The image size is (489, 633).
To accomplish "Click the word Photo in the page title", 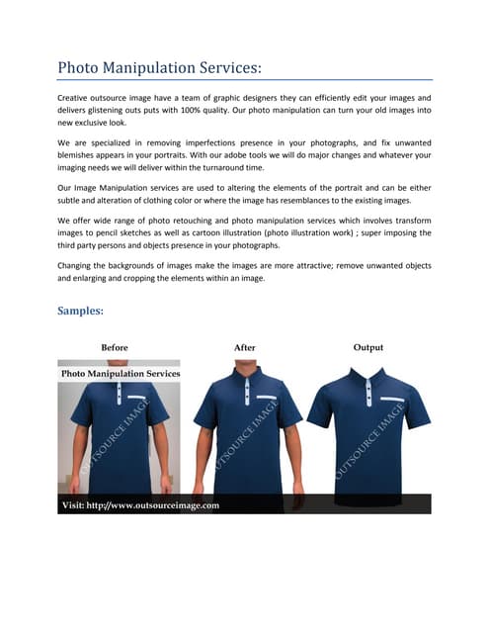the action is pos(80,67).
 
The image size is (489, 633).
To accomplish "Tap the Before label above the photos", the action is pos(115,347).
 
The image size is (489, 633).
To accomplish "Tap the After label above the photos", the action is pos(244,347).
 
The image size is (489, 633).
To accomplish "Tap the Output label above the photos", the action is pos(367,347).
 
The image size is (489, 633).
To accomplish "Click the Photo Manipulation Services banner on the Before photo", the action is pos(121,374).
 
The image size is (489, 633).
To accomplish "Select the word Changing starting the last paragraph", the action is pos(77,267).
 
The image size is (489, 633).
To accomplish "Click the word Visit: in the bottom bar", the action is pos(78,505).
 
